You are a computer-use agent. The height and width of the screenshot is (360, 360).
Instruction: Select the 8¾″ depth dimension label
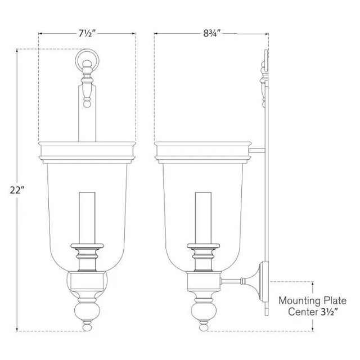click(x=211, y=34)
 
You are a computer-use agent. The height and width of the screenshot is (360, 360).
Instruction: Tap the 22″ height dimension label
click(x=17, y=190)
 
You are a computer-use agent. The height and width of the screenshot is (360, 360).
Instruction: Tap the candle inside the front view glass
click(x=87, y=218)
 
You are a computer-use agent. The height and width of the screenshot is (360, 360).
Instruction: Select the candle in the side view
click(x=203, y=218)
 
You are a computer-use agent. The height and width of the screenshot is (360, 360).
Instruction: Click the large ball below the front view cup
click(x=87, y=312)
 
